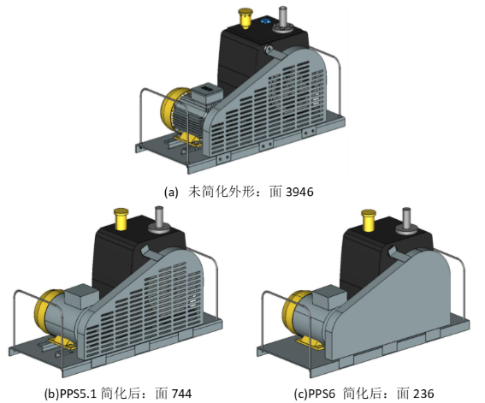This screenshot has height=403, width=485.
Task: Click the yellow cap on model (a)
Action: (x=245, y=18)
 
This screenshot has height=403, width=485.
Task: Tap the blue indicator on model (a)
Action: (x=265, y=21)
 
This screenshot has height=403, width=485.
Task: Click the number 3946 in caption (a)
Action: (x=299, y=192)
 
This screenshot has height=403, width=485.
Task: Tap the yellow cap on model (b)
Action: (x=121, y=219)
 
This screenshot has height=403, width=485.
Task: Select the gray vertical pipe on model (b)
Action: (x=159, y=220)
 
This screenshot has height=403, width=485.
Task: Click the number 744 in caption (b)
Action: (x=181, y=394)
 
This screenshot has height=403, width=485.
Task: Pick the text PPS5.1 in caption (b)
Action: (x=78, y=394)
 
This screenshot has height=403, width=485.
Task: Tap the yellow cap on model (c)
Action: (x=369, y=221)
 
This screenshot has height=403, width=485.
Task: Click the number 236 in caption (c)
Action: (x=423, y=394)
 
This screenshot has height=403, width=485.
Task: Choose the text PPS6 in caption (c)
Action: (x=322, y=394)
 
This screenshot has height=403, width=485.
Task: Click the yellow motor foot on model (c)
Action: (x=311, y=343)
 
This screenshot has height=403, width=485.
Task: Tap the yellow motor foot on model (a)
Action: (x=188, y=139)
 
